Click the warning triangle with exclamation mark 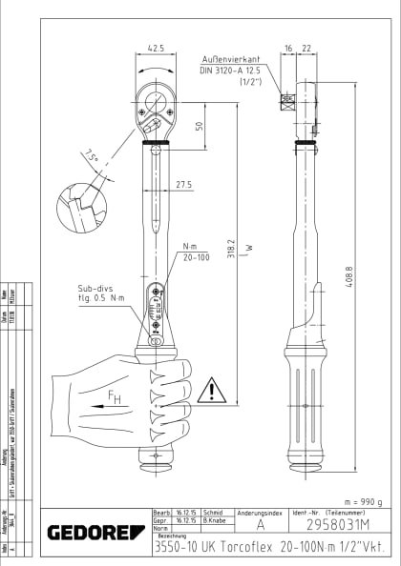point(212,389)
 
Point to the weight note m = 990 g point(352,502)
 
